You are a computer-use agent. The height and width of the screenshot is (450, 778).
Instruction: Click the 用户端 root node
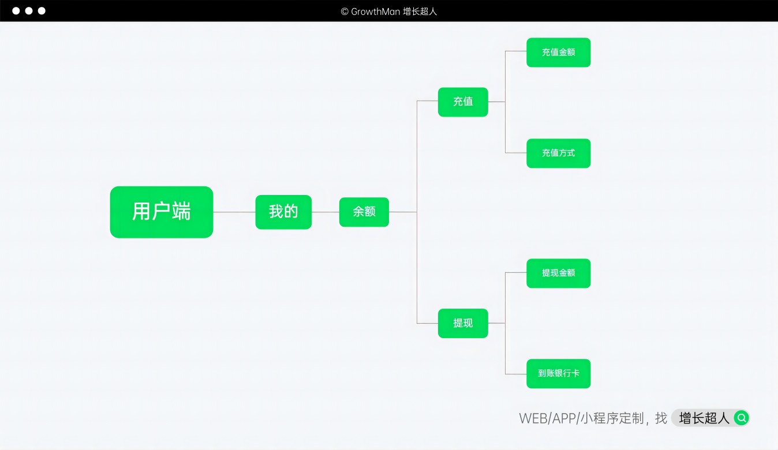(162, 212)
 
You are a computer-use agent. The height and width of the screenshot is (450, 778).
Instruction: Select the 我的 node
(283, 212)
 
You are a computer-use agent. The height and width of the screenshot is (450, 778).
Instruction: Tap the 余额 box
(364, 212)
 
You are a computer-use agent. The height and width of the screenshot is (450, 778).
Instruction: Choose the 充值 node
(463, 102)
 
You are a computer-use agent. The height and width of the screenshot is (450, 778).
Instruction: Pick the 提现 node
(463, 323)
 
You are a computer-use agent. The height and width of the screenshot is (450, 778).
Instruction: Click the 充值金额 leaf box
(558, 52)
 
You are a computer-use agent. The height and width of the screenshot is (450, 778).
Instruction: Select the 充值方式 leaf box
(558, 153)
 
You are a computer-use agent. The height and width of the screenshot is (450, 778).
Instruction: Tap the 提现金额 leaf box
(558, 273)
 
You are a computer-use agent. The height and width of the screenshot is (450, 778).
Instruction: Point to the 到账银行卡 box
(558, 373)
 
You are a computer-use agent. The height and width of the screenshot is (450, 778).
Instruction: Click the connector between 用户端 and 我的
(234, 212)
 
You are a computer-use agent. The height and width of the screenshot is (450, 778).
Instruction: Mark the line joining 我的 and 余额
(326, 212)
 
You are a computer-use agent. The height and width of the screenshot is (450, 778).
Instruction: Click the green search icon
(741, 418)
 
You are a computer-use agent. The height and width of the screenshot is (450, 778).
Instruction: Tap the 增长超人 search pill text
(704, 418)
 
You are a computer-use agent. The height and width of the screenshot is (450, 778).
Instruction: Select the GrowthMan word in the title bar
(376, 11)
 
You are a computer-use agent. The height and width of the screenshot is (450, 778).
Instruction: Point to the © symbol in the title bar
(345, 11)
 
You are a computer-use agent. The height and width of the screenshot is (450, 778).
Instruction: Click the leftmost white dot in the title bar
(16, 11)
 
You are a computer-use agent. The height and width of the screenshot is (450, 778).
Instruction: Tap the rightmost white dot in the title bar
(42, 11)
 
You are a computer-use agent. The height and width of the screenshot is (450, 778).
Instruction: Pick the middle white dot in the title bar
(29, 11)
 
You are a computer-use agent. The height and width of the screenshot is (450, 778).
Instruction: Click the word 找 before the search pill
(661, 418)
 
